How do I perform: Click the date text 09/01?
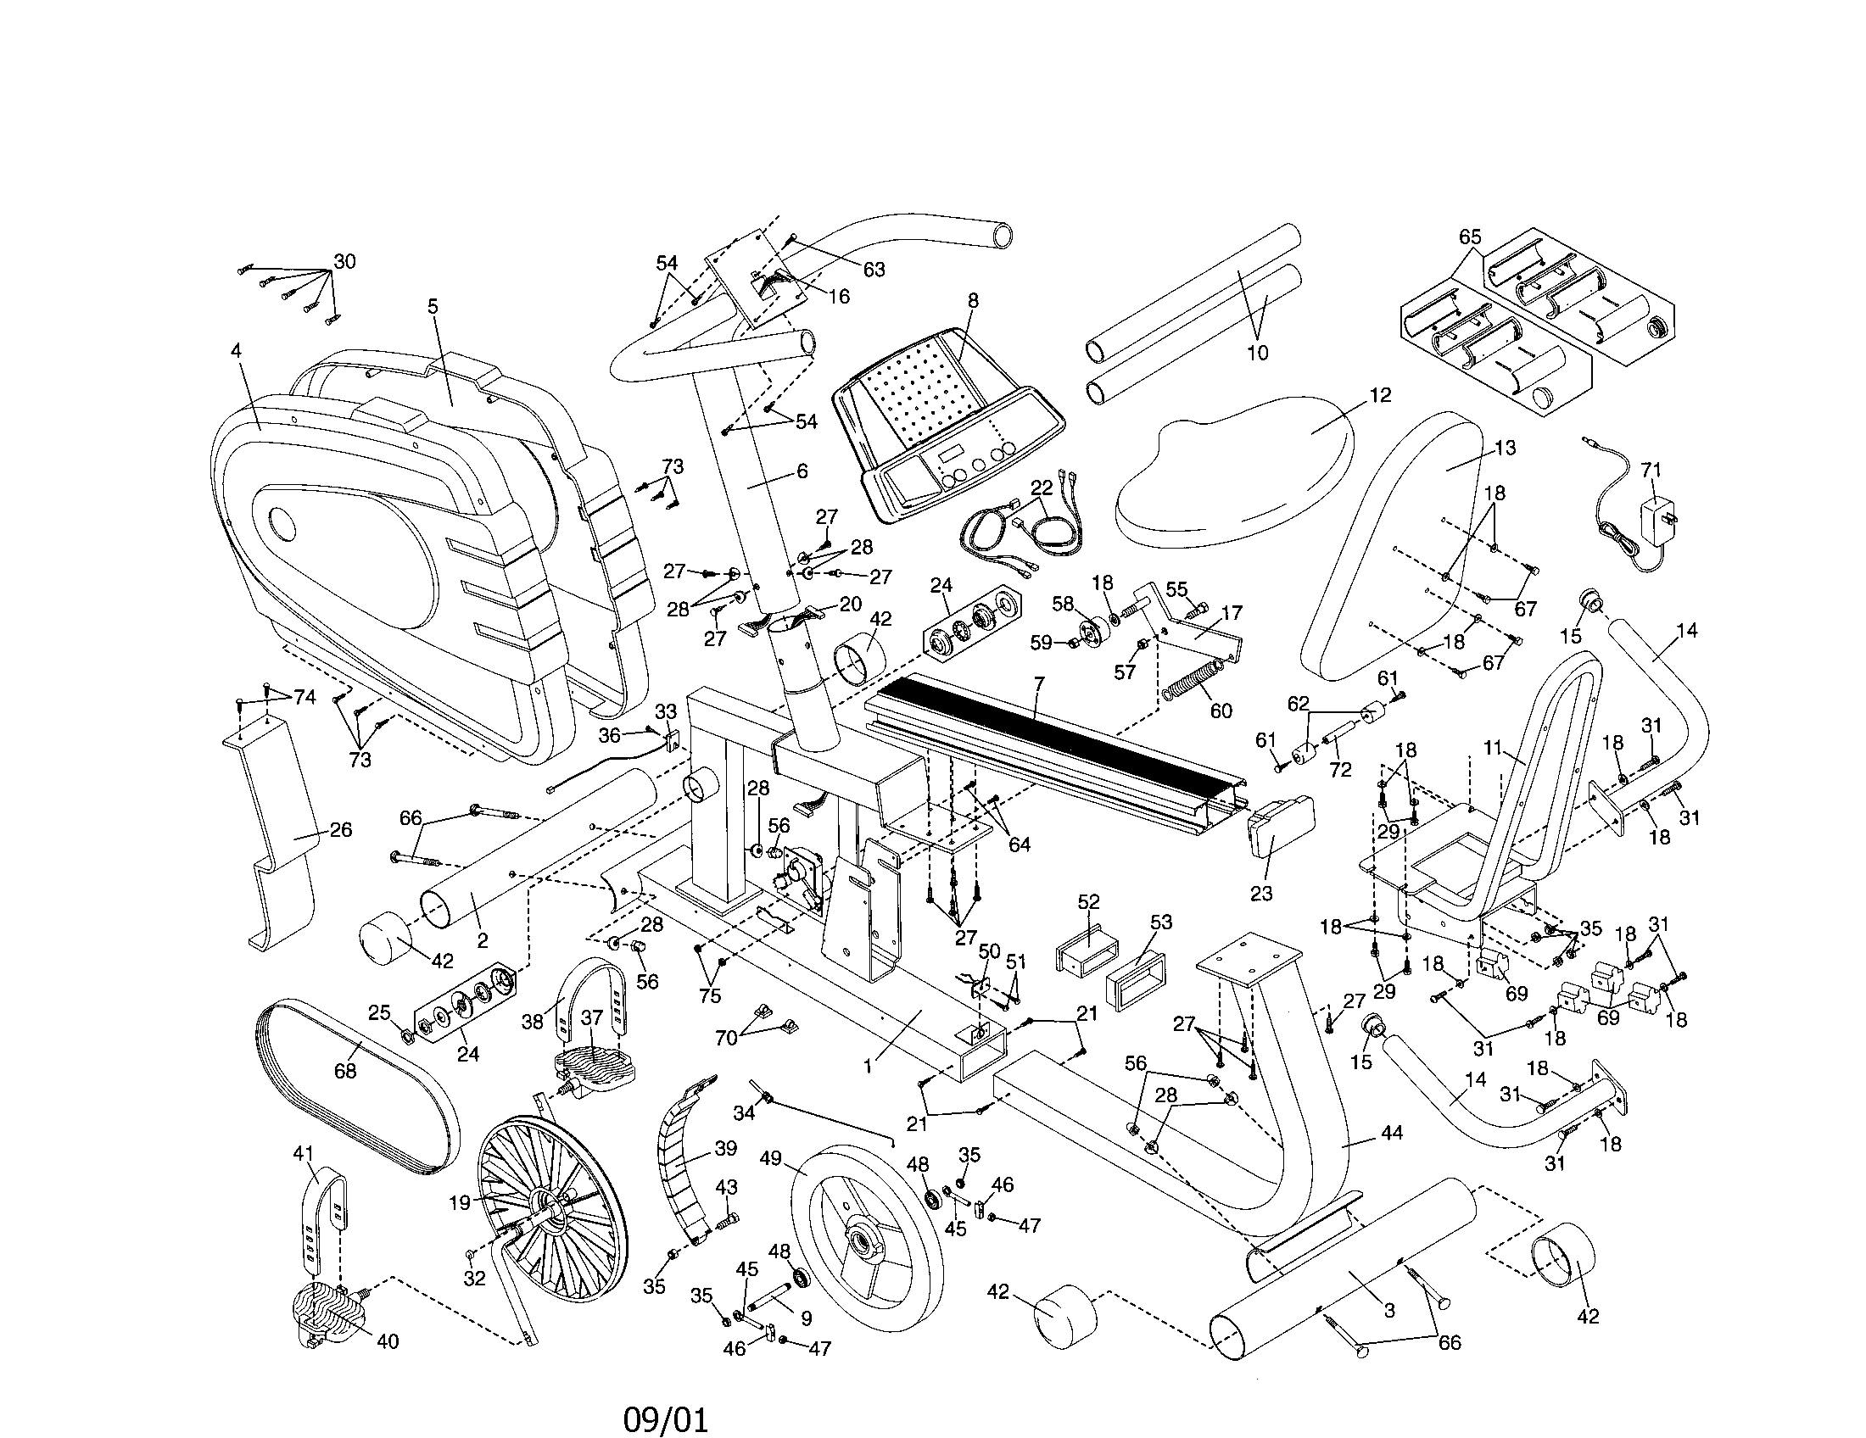click(x=666, y=1396)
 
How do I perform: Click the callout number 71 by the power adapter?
click(x=1651, y=470)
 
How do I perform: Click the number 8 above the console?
click(x=973, y=301)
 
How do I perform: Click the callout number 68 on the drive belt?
click(x=344, y=1070)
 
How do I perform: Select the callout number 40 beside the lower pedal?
click(x=388, y=1341)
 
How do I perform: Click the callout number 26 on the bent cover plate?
click(x=340, y=830)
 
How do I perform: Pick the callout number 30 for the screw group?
click(x=344, y=261)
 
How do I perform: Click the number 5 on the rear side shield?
click(x=433, y=307)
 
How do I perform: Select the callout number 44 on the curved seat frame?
click(x=1391, y=1132)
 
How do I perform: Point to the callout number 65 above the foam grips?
click(x=1470, y=237)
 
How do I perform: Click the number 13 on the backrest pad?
click(x=1505, y=448)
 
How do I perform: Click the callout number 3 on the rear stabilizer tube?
click(x=1389, y=1310)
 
